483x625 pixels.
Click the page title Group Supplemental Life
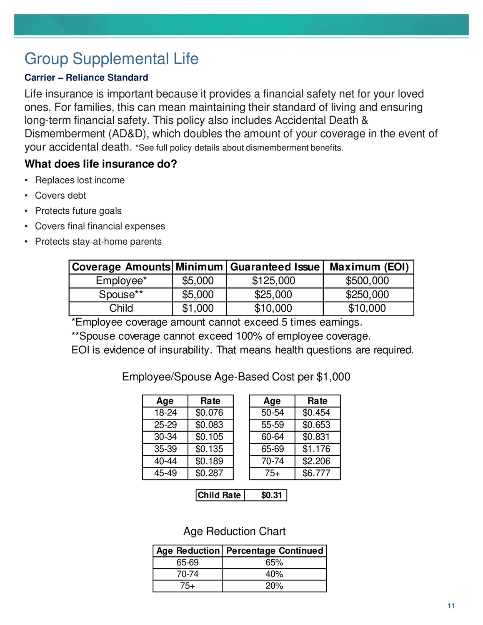111,59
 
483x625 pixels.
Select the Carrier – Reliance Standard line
86,77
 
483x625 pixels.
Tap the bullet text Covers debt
60,195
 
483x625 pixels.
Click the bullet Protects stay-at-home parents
98,242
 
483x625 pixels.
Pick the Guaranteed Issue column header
275,267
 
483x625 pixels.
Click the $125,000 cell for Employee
273,281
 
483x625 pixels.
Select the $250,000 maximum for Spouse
367,295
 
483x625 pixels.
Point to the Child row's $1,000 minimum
198,308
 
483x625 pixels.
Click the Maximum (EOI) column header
369,267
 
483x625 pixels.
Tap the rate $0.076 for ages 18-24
209,413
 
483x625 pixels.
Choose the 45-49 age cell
165,473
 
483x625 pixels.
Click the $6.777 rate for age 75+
316,473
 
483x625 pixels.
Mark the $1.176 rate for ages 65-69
316,449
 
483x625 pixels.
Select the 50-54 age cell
272,413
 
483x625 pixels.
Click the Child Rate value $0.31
271,495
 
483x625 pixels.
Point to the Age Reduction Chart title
234,532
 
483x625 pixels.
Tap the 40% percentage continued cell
274,574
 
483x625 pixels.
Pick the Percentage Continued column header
274,551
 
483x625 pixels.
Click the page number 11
451,606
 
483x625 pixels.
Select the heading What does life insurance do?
100,164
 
